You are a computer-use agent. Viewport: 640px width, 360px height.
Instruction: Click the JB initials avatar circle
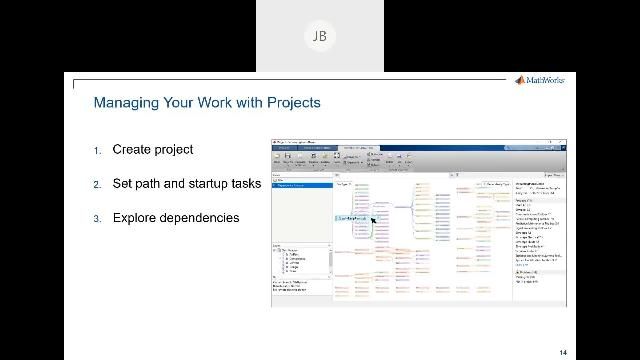[319, 36]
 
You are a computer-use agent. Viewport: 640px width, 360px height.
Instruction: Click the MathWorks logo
[539, 81]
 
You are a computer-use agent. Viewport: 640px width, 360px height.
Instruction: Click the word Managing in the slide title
[122, 102]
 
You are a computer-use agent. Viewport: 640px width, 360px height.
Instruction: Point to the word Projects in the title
[291, 102]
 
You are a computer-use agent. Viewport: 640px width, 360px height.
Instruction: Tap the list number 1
[98, 151]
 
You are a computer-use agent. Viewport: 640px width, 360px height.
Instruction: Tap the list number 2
[98, 185]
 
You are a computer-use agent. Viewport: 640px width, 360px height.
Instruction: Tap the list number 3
[98, 219]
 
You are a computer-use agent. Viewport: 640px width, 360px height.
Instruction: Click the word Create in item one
[132, 150]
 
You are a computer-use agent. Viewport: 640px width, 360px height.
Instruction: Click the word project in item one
[174, 150]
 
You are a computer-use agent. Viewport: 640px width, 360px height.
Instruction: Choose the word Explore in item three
[135, 218]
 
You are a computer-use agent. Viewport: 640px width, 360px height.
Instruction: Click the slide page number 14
[563, 352]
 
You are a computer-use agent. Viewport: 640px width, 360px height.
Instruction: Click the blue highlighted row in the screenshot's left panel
[301, 186]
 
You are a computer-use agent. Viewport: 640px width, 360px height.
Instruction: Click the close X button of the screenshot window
[560, 143]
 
